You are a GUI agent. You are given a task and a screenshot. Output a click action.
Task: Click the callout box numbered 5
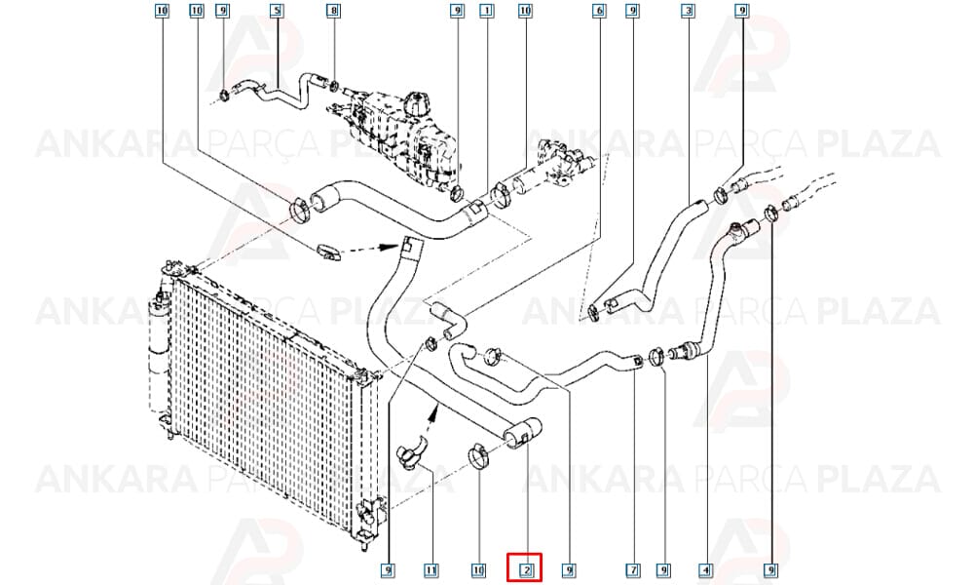click(277, 11)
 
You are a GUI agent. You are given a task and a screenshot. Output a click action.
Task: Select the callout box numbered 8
click(333, 11)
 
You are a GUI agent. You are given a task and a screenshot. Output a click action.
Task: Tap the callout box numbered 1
click(486, 11)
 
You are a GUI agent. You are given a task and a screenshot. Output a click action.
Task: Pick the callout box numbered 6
click(599, 11)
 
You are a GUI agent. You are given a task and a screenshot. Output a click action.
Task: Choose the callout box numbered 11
click(431, 569)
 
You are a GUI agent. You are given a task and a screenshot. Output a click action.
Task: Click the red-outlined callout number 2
click(525, 568)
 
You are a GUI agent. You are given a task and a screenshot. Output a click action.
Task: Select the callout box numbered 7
click(632, 569)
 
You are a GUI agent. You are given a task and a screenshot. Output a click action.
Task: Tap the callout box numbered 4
click(704, 569)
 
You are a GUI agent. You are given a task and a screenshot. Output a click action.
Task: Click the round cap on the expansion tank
click(415, 100)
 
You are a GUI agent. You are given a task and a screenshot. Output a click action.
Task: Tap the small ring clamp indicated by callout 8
click(335, 83)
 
